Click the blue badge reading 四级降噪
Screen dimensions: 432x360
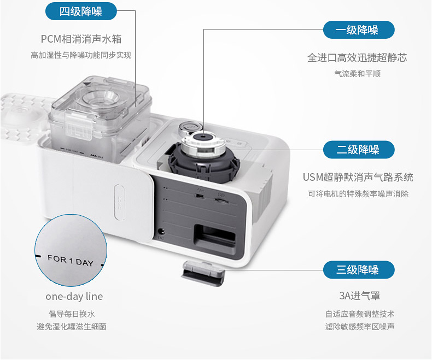point(81,11)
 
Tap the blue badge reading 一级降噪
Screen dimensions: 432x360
point(359,29)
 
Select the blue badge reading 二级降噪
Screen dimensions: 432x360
point(359,150)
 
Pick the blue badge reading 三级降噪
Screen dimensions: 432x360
point(359,270)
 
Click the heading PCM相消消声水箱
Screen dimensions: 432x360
point(81,39)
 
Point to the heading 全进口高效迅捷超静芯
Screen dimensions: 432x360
point(357,58)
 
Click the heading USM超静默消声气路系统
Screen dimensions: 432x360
point(358,178)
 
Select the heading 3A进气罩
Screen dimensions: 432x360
point(359,296)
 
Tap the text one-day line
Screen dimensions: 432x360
point(74,297)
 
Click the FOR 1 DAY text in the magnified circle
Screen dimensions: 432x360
point(71,261)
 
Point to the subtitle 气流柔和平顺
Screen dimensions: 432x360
point(357,74)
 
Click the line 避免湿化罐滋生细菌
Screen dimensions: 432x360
point(72,327)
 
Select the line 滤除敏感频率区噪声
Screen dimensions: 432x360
point(359,327)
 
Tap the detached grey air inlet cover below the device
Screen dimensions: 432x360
point(203,273)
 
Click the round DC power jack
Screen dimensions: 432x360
point(160,231)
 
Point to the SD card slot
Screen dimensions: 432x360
point(221,201)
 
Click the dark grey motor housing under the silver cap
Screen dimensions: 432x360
point(204,167)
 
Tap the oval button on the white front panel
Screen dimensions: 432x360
point(120,202)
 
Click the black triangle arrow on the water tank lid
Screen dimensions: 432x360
point(87,85)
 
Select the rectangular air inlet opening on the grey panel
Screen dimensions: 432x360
point(215,239)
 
